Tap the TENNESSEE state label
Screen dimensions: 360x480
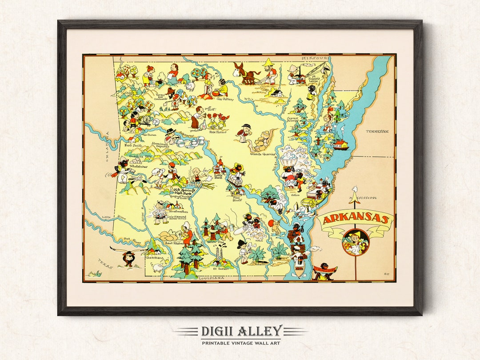coord(377,132)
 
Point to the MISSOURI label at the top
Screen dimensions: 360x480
coord(315,58)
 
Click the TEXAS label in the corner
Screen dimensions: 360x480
coord(106,264)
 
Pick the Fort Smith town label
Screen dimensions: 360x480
coord(134,144)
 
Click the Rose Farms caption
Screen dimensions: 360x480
coord(218,132)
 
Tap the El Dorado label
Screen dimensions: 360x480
coord(220,268)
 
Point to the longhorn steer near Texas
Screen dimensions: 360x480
coord(128,256)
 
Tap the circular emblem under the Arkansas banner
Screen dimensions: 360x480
coord(356,242)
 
